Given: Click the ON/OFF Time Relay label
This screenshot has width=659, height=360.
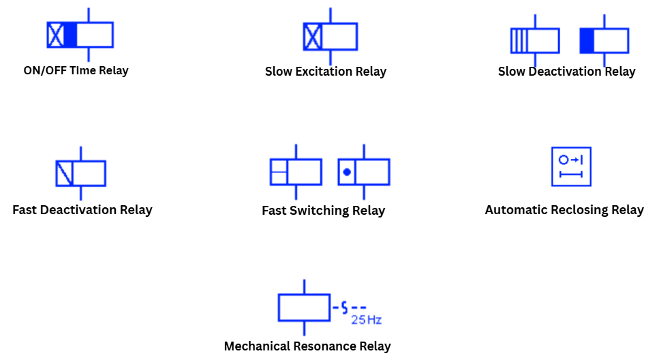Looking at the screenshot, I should (76, 70).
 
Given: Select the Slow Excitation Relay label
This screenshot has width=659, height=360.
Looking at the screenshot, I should (325, 72).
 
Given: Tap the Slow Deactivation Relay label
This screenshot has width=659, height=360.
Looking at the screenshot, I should (566, 72).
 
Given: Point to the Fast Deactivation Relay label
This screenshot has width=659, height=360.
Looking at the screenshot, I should (82, 209).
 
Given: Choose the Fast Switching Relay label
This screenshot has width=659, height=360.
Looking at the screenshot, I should (323, 211).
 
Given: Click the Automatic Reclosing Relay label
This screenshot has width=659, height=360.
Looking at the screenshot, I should (564, 209).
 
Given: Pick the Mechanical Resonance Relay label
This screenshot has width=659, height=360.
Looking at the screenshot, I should (307, 346).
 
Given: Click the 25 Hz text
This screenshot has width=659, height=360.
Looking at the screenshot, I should (365, 319).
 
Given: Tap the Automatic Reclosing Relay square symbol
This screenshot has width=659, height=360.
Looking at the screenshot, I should (571, 166).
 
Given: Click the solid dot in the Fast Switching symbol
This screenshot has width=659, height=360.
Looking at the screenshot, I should (347, 172).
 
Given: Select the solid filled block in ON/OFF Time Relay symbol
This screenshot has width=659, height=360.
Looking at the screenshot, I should (70, 35).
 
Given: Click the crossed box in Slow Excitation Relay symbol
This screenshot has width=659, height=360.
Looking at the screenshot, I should (313, 36).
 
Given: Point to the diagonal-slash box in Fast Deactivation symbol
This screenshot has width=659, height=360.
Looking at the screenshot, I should (64, 173).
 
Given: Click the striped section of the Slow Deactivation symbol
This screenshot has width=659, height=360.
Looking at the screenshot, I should (519, 41).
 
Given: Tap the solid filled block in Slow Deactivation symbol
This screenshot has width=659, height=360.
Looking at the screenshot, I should (587, 41).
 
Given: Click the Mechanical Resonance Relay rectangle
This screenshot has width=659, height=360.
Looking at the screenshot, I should (304, 307).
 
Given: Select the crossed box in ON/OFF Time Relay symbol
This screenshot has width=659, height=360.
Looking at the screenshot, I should (55, 35).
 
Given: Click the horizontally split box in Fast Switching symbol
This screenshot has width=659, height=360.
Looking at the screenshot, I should (279, 172).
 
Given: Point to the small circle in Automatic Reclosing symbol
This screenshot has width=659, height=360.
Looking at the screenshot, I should (563, 160).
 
